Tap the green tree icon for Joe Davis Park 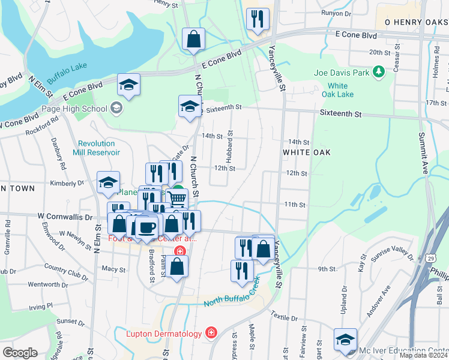click(x=378, y=73)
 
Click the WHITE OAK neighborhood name click(x=306, y=152)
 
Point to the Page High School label click(x=74, y=109)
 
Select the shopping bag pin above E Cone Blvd click(x=194, y=40)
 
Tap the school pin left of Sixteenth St click(x=190, y=107)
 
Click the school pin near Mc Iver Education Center click(x=345, y=340)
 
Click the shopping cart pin click(x=176, y=199)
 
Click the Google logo click(x=20, y=353)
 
